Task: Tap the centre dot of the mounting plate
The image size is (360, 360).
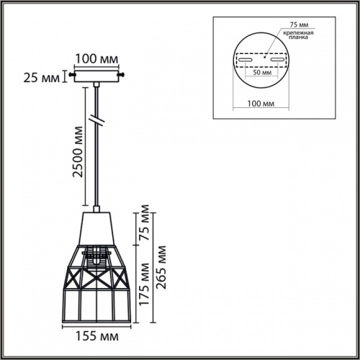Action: pos(261,55)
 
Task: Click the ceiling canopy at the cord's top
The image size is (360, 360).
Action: pos(96,75)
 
